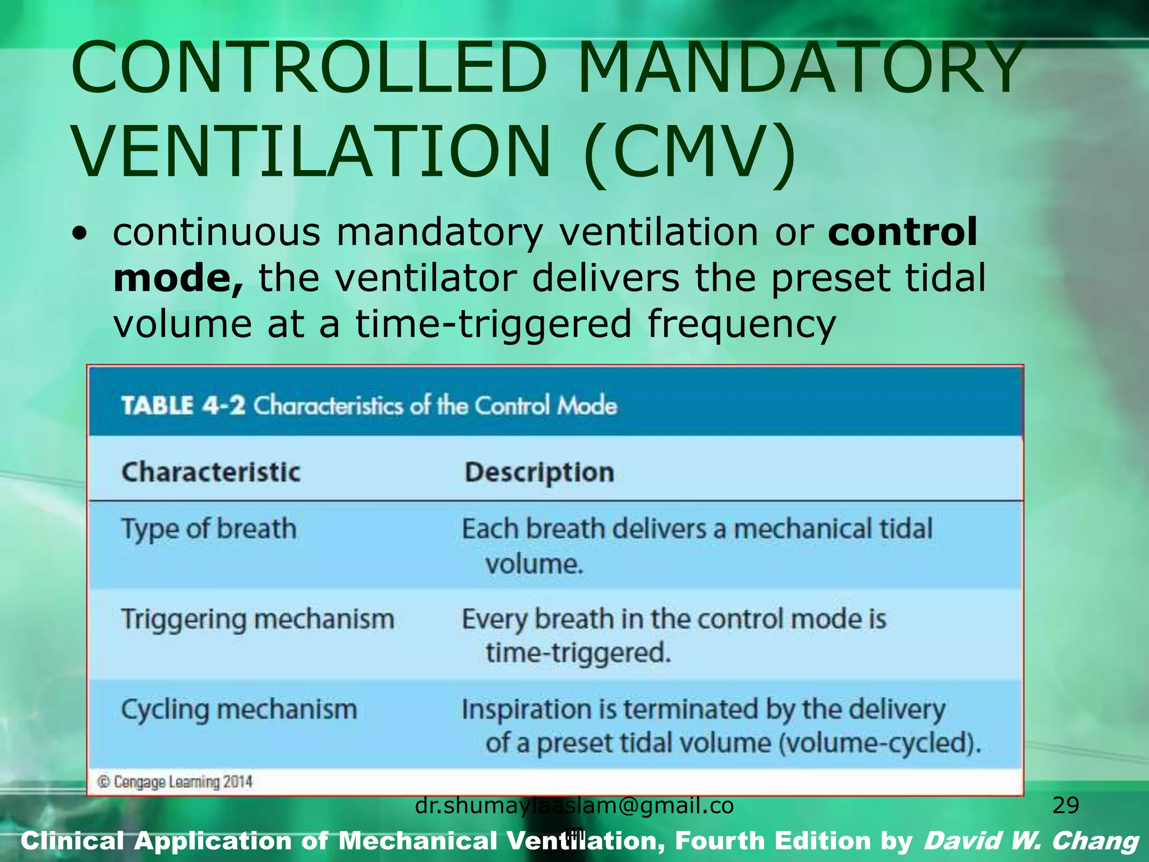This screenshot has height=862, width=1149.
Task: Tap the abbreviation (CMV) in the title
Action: coord(689,153)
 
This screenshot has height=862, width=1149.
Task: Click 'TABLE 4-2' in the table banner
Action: coord(183,405)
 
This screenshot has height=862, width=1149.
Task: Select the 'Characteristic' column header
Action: coord(211,472)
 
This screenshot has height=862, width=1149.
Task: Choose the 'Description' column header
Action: coord(539,472)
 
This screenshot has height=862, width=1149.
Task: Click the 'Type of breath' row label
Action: coord(209,529)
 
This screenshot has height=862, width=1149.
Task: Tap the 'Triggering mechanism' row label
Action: coord(258,620)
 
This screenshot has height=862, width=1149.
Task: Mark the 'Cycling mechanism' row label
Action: coord(239,709)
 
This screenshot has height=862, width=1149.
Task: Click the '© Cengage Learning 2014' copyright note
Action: coord(175,782)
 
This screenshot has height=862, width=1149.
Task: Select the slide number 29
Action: coord(1065,805)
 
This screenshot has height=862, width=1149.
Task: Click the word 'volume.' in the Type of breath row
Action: coord(534,564)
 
